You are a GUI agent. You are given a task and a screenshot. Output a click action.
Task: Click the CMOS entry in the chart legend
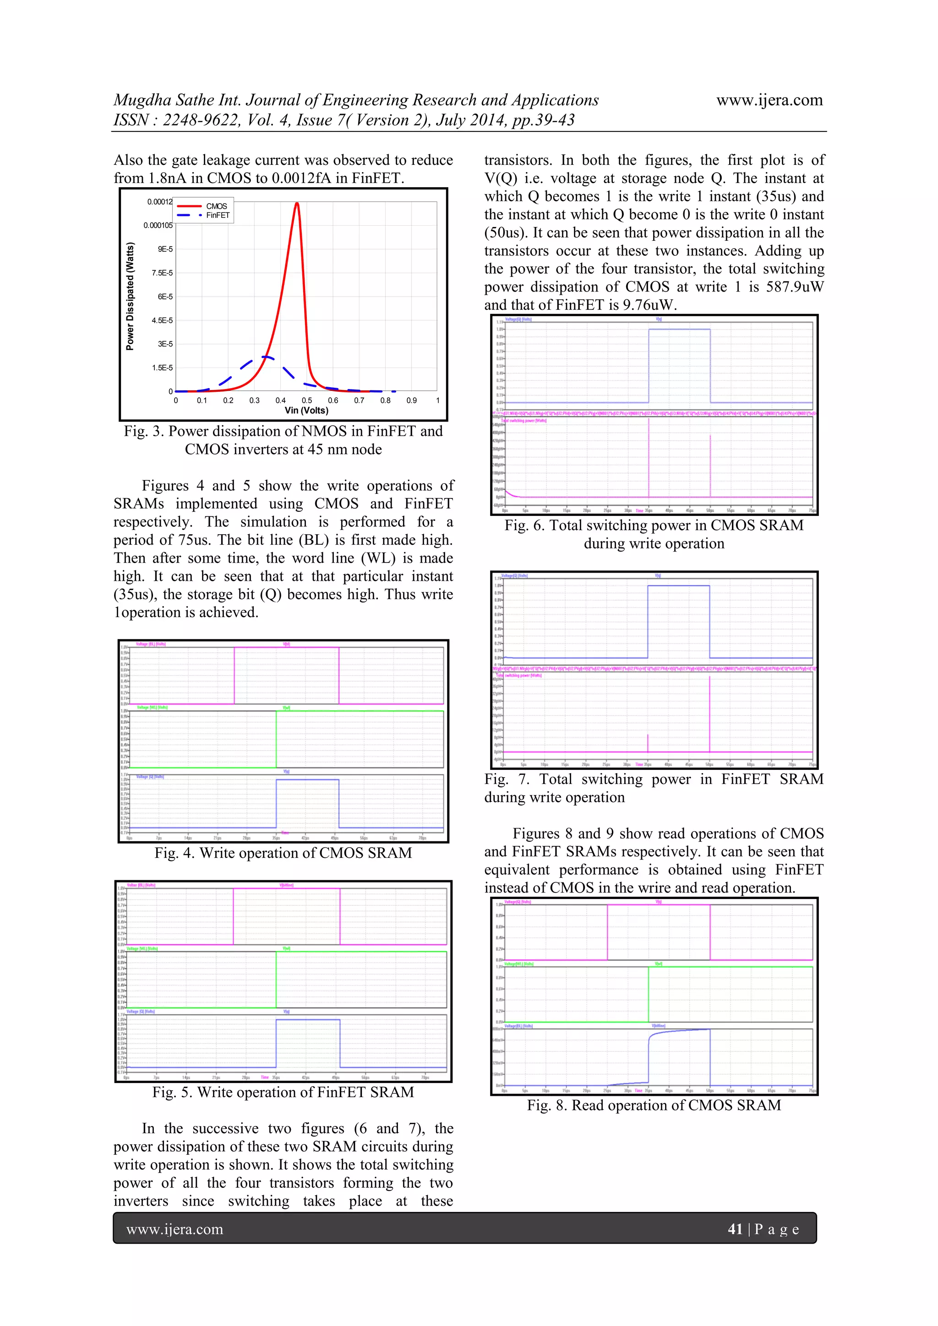point(216,206)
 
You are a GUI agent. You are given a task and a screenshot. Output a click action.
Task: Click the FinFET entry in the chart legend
point(217,216)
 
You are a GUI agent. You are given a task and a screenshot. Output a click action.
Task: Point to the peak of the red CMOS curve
point(296,203)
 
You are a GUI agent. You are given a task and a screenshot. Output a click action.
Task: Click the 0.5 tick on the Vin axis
point(307,400)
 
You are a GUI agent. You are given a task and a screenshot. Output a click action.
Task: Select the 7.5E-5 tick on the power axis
point(162,273)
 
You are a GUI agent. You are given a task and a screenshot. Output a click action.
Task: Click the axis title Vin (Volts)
point(306,411)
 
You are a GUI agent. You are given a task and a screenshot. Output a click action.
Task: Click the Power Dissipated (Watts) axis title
point(130,296)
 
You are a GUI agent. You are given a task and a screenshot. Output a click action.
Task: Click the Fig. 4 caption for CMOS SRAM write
point(283,853)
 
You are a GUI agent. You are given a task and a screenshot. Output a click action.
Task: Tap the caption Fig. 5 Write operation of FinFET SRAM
point(283,1092)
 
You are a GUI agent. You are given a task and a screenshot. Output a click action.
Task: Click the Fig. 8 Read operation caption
point(654,1105)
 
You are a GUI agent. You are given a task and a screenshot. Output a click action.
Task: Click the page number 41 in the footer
point(735,1229)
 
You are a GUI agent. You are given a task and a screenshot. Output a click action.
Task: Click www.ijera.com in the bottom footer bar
point(175,1229)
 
